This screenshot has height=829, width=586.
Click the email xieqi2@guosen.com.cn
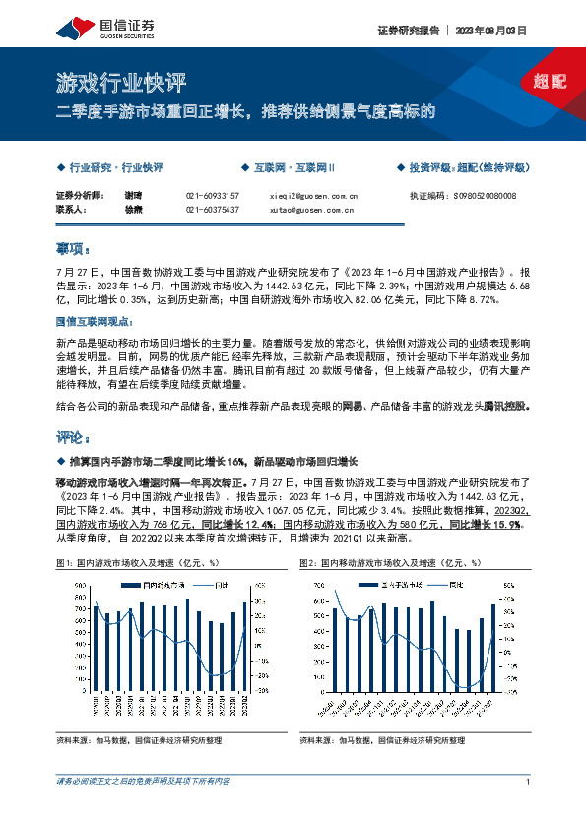tap(313, 196)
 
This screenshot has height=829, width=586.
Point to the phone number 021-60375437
tap(212, 210)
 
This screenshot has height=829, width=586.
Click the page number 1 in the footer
tap(529, 782)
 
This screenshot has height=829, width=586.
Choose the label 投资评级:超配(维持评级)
tap(467, 167)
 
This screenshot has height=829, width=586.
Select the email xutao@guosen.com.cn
tap(311, 210)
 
